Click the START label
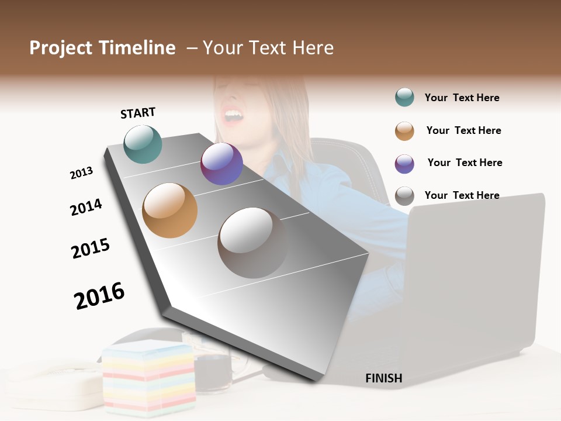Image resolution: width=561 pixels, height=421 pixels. pos(138,113)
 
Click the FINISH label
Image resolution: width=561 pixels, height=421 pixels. pos(383,378)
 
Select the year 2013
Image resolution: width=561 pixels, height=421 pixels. pos(81,173)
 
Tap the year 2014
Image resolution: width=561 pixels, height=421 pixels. pos(86,207)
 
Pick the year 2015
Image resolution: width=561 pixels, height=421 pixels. pos(91,249)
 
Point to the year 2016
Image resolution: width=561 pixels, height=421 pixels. pos(99,295)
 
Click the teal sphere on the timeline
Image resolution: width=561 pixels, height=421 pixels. pos(143,144)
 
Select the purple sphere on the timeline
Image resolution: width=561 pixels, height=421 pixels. pos(221,164)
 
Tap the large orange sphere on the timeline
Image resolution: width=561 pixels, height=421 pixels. pos(169,210)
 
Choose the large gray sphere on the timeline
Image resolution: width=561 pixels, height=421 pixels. pos(252,242)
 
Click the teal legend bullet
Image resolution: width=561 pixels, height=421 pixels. pos(404,98)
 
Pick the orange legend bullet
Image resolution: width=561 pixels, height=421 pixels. pos(404,131)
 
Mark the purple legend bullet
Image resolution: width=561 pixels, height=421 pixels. pos(404,164)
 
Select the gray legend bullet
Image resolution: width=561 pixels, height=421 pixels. pos(404,196)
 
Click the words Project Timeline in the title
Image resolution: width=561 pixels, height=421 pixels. pos(102,48)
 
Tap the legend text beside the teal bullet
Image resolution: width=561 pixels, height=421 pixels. pos(462,98)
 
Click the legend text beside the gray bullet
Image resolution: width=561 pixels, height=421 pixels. pos(462,195)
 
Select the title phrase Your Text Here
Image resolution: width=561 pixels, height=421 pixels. pos(268,48)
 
